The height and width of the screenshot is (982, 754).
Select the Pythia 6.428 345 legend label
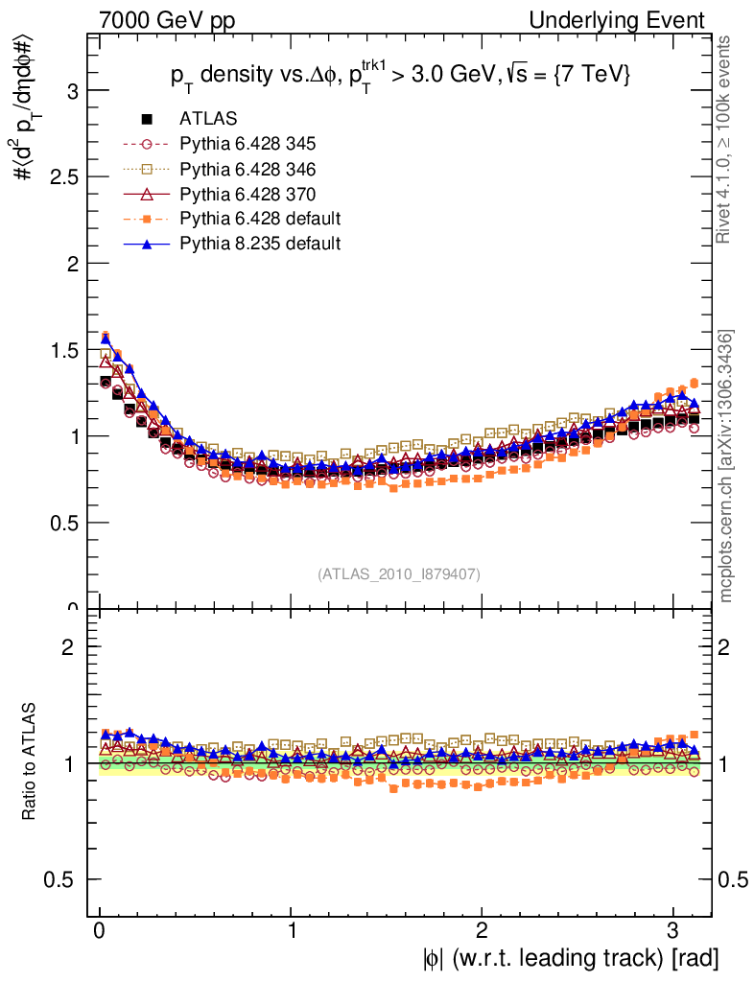point(247,144)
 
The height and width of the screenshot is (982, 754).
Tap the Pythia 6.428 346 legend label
point(247,169)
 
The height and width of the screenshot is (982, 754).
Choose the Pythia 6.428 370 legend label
point(247,194)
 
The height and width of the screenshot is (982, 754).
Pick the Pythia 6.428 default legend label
point(260,219)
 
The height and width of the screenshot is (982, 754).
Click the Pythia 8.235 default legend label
point(260,244)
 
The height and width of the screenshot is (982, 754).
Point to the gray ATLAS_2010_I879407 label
point(399,573)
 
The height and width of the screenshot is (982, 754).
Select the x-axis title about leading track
point(570,958)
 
